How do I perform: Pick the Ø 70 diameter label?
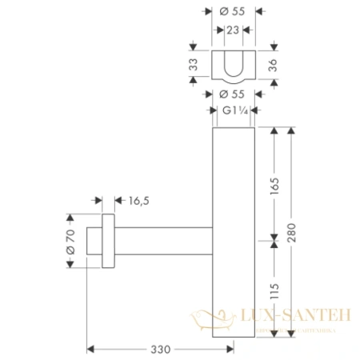(x=70, y=240)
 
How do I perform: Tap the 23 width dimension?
(x=232, y=30)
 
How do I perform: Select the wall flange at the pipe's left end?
(x=106, y=241)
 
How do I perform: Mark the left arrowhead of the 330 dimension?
(x=90, y=349)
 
